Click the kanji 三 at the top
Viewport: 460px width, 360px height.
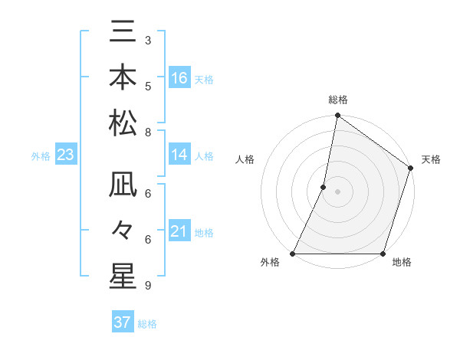pos(123,34)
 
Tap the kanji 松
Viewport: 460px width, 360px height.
pos(123,123)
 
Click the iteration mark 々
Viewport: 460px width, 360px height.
pos(123,231)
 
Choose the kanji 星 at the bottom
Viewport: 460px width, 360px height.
pos(123,276)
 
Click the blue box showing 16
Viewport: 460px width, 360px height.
pos(179,78)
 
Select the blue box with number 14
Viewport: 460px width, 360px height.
pos(179,155)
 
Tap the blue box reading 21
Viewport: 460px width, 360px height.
pos(179,231)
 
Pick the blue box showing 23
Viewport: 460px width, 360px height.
pos(66,155)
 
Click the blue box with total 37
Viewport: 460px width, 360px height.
pos(123,322)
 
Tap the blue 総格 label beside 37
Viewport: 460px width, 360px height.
pos(147,324)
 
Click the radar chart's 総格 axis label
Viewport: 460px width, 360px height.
pos(338,100)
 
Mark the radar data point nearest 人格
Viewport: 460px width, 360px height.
pos(324,187)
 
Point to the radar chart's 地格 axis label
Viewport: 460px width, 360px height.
pos(402,263)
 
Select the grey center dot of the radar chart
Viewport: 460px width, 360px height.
pos(337,191)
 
